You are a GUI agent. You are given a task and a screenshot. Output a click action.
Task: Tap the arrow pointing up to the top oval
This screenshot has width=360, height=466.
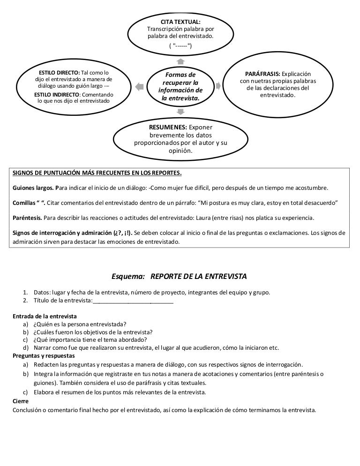pyautogui.click(x=180, y=61)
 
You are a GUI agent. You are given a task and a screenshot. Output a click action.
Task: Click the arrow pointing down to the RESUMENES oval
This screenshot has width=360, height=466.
pyautogui.click(x=181, y=112)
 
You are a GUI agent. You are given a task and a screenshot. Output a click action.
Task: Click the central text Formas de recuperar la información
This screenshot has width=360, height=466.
pyautogui.click(x=180, y=86)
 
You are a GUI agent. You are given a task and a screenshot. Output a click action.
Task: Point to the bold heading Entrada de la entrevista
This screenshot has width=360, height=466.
pyautogui.click(x=45, y=316)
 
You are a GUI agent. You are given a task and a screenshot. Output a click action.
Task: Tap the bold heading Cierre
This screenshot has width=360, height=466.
pyautogui.click(x=21, y=401)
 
